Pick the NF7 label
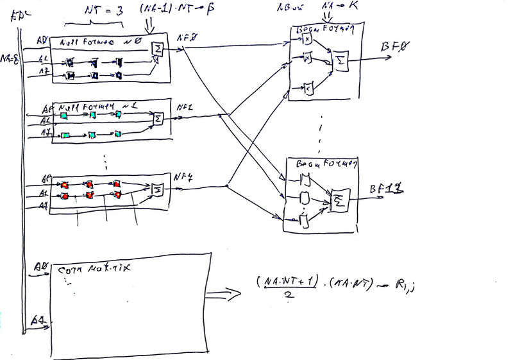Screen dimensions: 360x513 point(183,177)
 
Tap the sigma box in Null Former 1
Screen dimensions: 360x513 point(156,118)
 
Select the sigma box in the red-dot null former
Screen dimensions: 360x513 point(156,188)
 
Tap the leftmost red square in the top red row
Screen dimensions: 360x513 point(64,185)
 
